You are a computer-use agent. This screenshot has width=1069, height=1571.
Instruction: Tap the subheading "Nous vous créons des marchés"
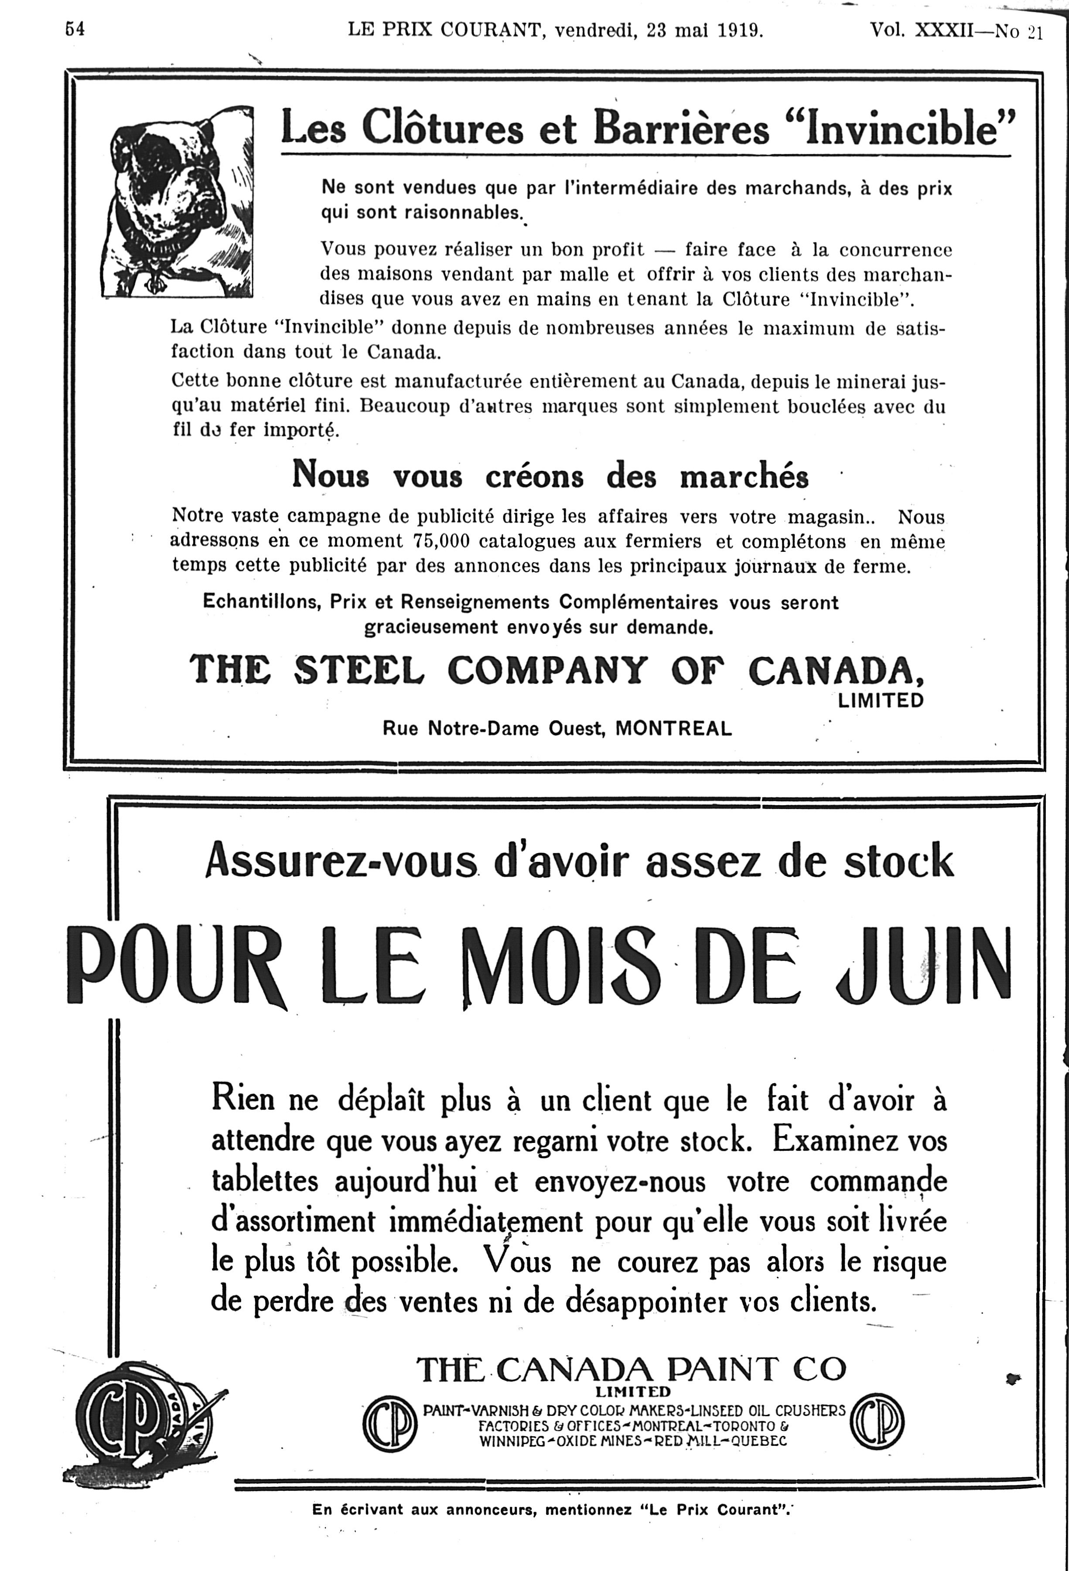click(x=550, y=476)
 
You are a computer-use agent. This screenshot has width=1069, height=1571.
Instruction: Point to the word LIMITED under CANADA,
click(x=880, y=701)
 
